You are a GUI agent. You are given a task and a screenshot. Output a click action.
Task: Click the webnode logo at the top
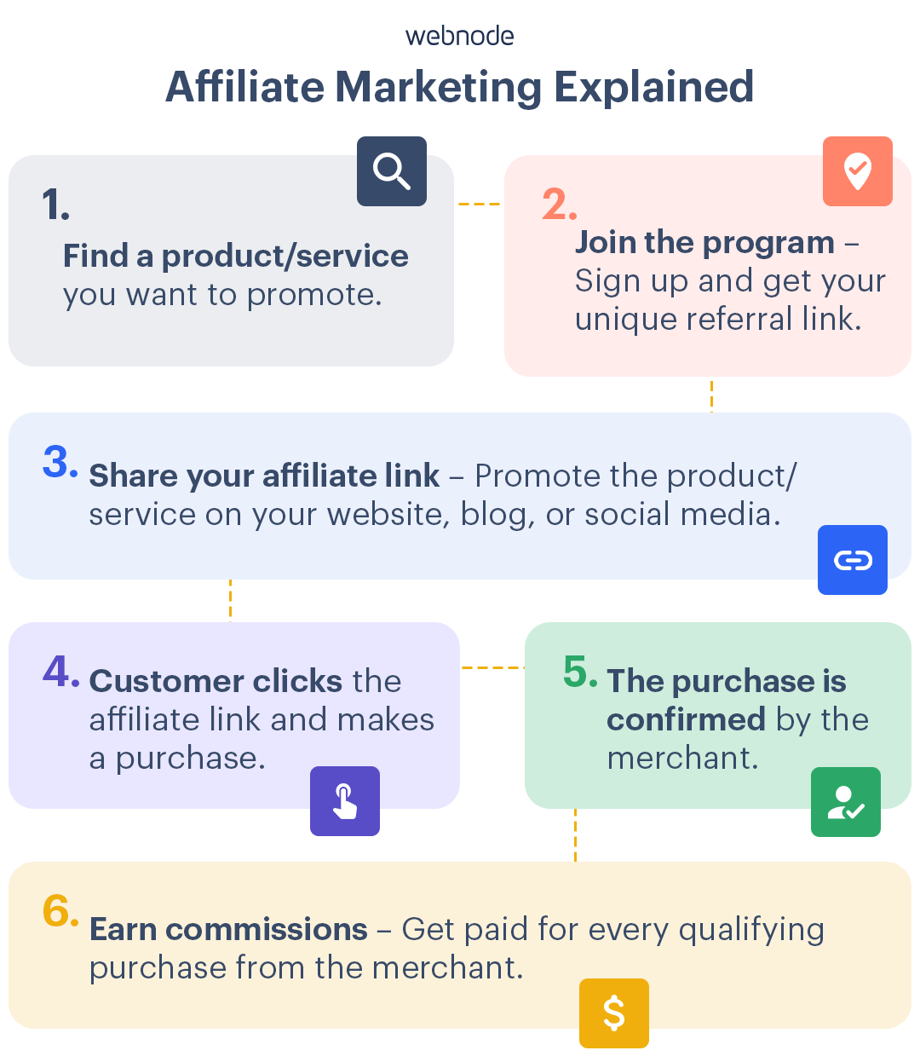pos(460,36)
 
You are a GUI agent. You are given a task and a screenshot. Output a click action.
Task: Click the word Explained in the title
pos(653,87)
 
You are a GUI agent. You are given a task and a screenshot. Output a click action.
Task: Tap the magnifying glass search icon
pos(392,170)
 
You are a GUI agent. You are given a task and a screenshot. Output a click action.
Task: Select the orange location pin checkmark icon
pos(857,170)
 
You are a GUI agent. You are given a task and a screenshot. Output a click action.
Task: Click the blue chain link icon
pos(852,560)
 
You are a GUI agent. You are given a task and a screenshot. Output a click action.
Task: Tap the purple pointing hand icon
pos(344,801)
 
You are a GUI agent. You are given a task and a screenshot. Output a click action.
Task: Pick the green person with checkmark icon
pos(845,802)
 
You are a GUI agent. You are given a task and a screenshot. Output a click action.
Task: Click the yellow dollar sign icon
pos(613,1013)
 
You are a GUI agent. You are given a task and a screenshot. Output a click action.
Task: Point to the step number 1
pos(55,205)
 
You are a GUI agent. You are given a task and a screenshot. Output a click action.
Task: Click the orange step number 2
pos(559,205)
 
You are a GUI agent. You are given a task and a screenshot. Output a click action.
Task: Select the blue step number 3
pos(60,463)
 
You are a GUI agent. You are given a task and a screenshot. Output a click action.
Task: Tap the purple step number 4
pos(60,672)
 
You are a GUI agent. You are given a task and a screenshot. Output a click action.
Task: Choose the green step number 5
pos(580,672)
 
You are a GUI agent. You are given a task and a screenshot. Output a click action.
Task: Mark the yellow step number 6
pos(60,912)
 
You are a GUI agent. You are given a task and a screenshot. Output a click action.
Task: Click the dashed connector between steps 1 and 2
pos(479,205)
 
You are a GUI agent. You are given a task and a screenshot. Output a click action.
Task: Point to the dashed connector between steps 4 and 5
pos(492,667)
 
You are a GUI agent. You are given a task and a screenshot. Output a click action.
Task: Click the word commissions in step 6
pos(267,929)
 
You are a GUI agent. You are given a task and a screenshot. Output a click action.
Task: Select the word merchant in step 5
pos(681,758)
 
